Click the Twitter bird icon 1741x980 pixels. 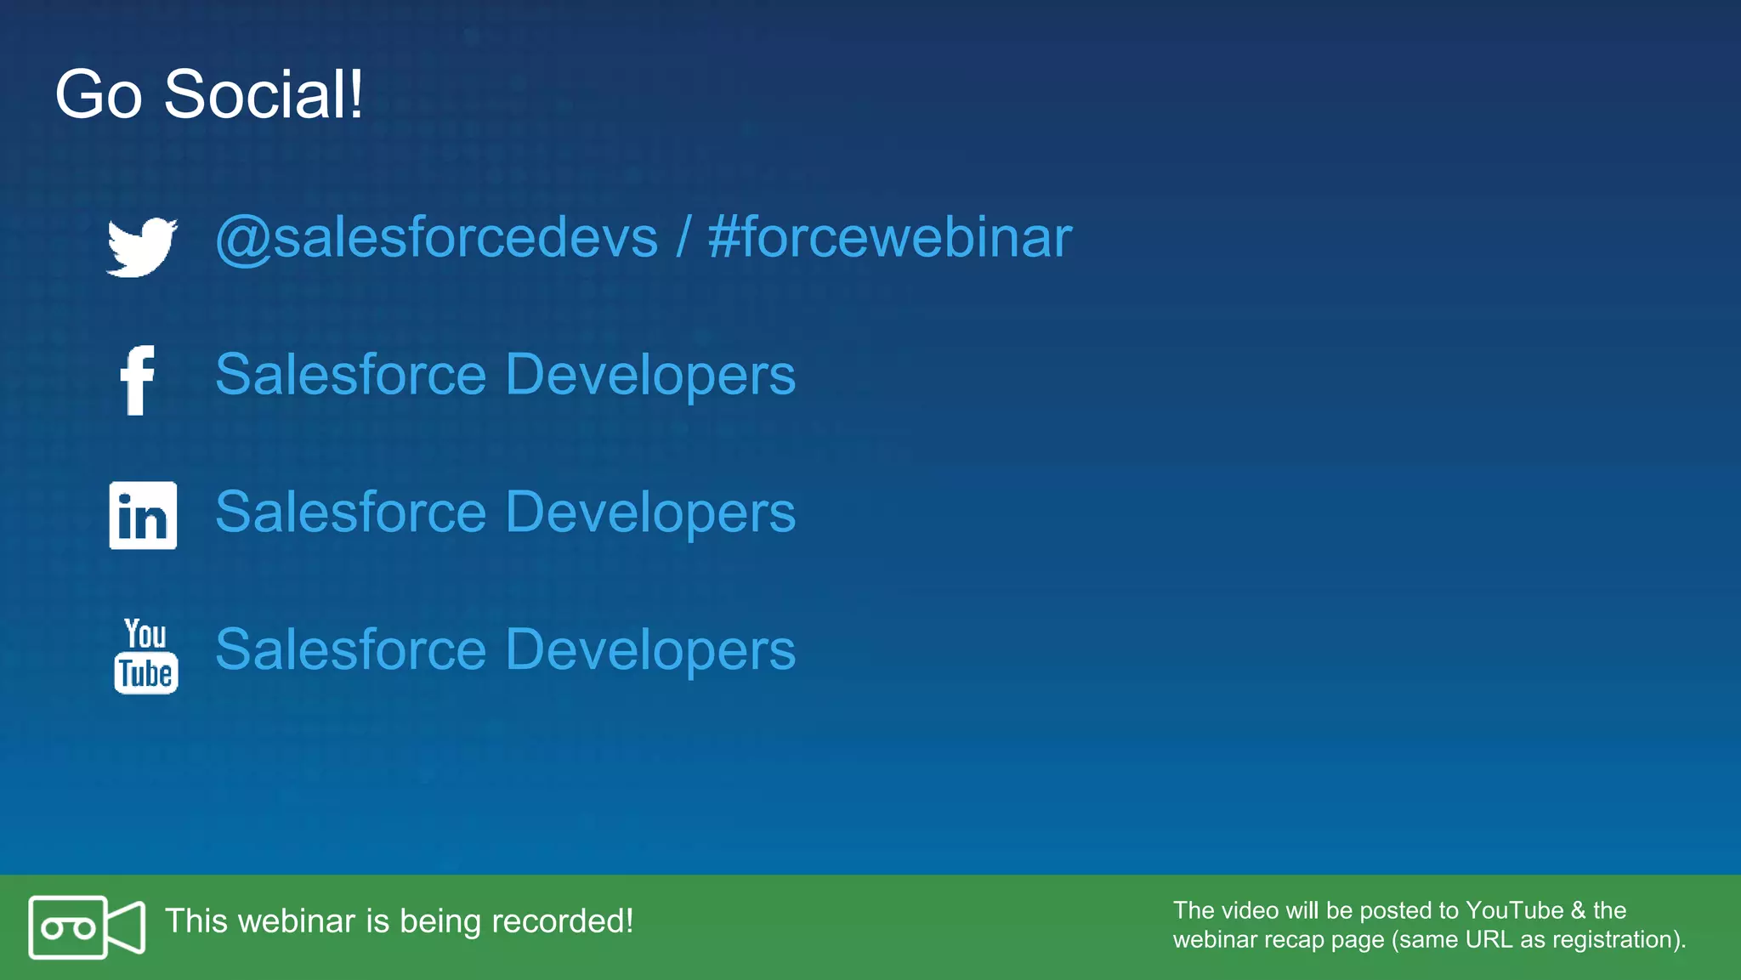(141, 246)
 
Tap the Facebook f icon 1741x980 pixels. (137, 380)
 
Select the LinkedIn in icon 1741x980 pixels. (143, 515)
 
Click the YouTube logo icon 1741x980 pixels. (146, 655)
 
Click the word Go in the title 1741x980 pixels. (98, 94)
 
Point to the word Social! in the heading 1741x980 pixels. (264, 94)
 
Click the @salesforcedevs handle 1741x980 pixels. (437, 238)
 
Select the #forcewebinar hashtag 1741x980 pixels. (889, 238)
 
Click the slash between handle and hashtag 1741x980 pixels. (683, 238)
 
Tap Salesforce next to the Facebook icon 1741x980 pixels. (350, 375)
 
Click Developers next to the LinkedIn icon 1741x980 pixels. (650, 513)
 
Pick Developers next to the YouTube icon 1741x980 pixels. (650, 650)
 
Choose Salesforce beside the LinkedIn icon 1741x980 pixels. (350, 513)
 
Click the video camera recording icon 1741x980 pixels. (87, 927)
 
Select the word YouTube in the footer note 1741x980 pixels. (1514, 910)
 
